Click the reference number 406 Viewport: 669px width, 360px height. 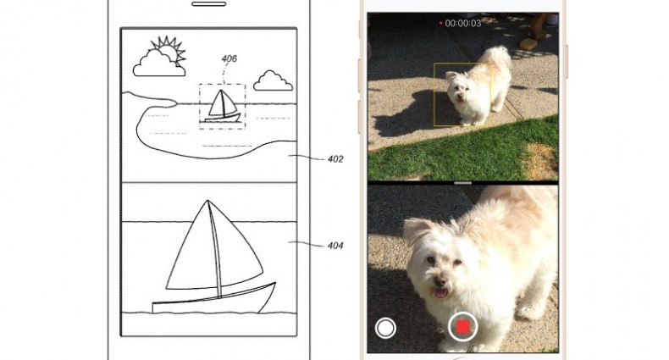coord(229,58)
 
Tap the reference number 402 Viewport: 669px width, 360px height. coord(335,159)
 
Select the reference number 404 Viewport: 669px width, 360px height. coord(335,246)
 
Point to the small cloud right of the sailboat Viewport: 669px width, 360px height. coord(273,81)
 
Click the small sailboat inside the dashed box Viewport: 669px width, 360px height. coord(222,106)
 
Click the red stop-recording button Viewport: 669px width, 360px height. coord(463,327)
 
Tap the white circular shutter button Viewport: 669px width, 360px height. coord(385,328)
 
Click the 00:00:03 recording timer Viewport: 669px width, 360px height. coord(463,23)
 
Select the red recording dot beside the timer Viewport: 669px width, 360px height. coord(440,23)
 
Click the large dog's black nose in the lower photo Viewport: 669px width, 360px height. coord(440,281)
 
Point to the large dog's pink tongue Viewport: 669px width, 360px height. coord(440,292)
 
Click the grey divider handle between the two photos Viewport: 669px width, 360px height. coord(463,183)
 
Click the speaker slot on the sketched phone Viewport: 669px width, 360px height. coord(208,4)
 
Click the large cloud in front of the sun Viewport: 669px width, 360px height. coord(158,64)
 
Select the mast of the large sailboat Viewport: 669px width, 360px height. coord(214,249)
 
